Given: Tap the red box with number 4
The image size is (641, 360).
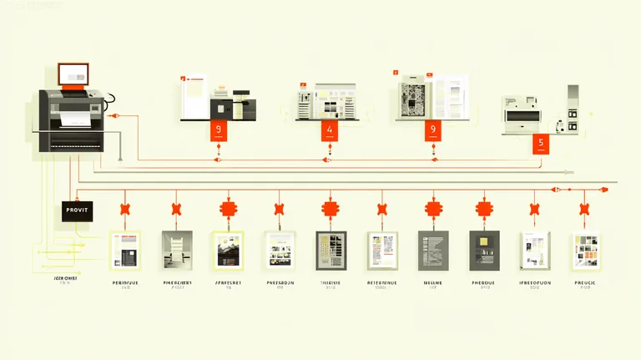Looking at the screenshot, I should pos(330,130).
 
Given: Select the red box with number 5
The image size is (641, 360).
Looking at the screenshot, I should pos(541,143).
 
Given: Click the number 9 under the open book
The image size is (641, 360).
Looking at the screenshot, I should pos(432,129).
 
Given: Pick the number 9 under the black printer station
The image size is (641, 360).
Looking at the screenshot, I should pos(219,130).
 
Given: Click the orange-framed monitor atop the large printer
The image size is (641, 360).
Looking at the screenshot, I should pos(73,74).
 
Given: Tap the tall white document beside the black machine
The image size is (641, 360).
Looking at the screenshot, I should pos(194,98).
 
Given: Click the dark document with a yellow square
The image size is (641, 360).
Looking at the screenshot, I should pos(483,250).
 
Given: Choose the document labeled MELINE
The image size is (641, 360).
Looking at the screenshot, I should pos(433,250).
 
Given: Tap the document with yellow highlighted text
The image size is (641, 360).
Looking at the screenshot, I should pos(382,250).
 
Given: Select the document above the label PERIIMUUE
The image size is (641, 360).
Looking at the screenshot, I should pos(126,250).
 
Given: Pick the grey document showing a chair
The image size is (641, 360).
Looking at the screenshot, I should pos(177,250).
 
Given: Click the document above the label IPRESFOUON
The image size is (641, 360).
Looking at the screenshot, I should pos(534,250).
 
